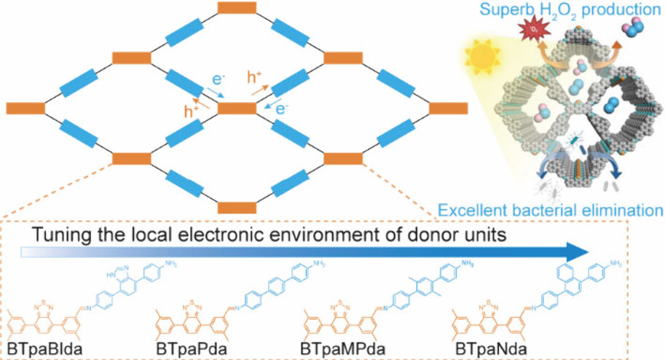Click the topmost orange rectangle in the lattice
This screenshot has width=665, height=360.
click(x=237, y=8)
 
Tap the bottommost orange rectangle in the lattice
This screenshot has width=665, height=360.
click(x=237, y=206)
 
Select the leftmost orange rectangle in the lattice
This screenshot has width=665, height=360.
click(x=26, y=108)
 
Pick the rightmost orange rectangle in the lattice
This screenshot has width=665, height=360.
click(x=448, y=108)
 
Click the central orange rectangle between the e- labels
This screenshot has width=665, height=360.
click(x=237, y=108)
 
